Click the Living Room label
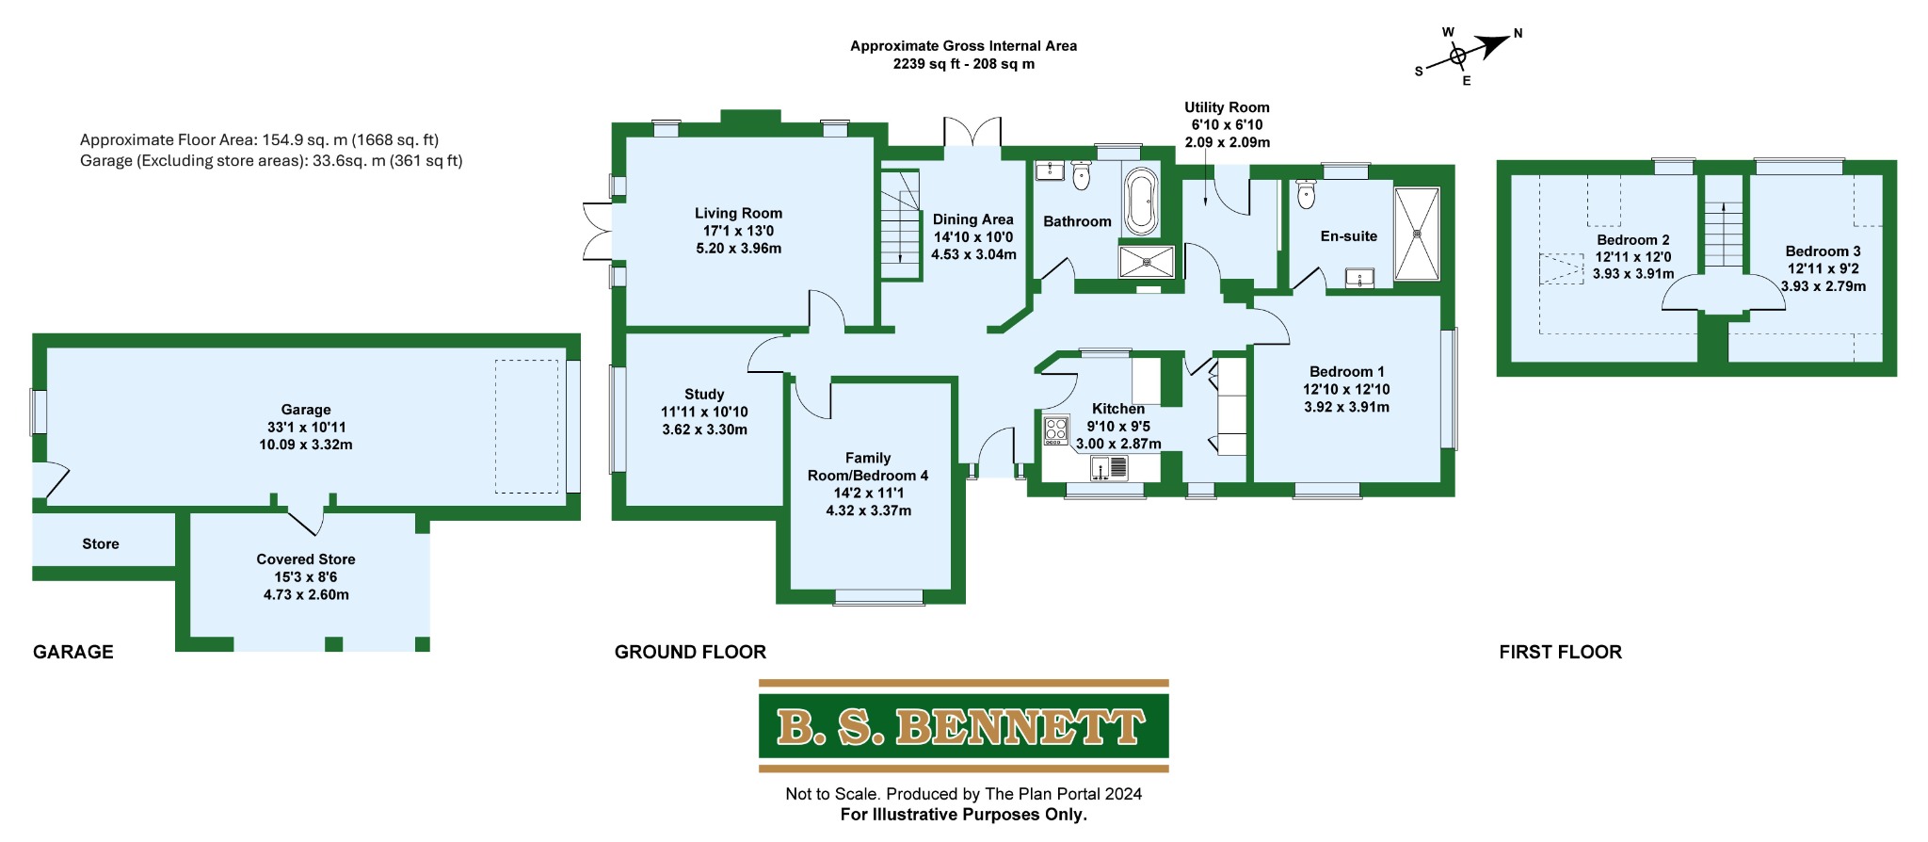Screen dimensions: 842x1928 (738, 214)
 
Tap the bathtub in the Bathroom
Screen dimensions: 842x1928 (1140, 201)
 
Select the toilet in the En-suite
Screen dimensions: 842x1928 (1306, 194)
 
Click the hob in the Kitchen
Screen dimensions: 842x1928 (1055, 430)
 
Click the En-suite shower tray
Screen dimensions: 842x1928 (1416, 234)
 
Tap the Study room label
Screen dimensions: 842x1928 (704, 395)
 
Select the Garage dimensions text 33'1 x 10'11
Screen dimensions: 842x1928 (306, 427)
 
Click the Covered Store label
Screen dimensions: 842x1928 (306, 559)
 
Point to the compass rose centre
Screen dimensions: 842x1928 (1457, 57)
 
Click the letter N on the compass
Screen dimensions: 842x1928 (1518, 34)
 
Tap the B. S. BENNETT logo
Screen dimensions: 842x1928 (963, 727)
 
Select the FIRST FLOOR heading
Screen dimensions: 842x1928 (1560, 652)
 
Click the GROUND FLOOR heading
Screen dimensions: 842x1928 (690, 652)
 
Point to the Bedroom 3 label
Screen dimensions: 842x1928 (1823, 251)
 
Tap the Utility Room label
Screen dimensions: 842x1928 (1227, 107)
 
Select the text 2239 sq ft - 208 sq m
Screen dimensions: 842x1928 (963, 64)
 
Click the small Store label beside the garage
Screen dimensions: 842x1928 (101, 544)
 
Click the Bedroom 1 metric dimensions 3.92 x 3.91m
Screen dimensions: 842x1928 (1346, 407)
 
